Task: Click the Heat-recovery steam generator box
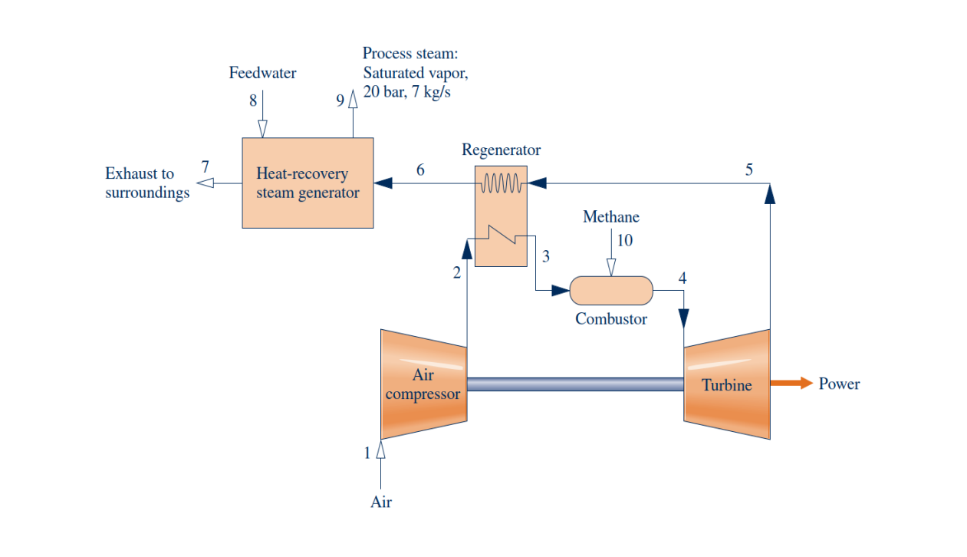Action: [308, 183]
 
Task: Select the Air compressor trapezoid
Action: [423, 384]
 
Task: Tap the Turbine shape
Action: [726, 384]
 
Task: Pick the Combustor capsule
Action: [611, 291]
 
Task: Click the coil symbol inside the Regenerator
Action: [501, 183]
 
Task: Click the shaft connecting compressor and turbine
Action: [575, 384]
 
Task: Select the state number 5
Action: [749, 170]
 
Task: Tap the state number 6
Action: [420, 170]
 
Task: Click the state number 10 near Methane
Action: [625, 240]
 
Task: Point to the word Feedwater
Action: [262, 74]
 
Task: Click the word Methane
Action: [611, 217]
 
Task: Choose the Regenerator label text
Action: [501, 150]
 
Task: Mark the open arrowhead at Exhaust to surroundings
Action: [205, 183]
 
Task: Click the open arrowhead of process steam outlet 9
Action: [353, 98]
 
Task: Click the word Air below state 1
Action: [381, 503]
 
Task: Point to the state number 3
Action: [546, 256]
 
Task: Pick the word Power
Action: [839, 384]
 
